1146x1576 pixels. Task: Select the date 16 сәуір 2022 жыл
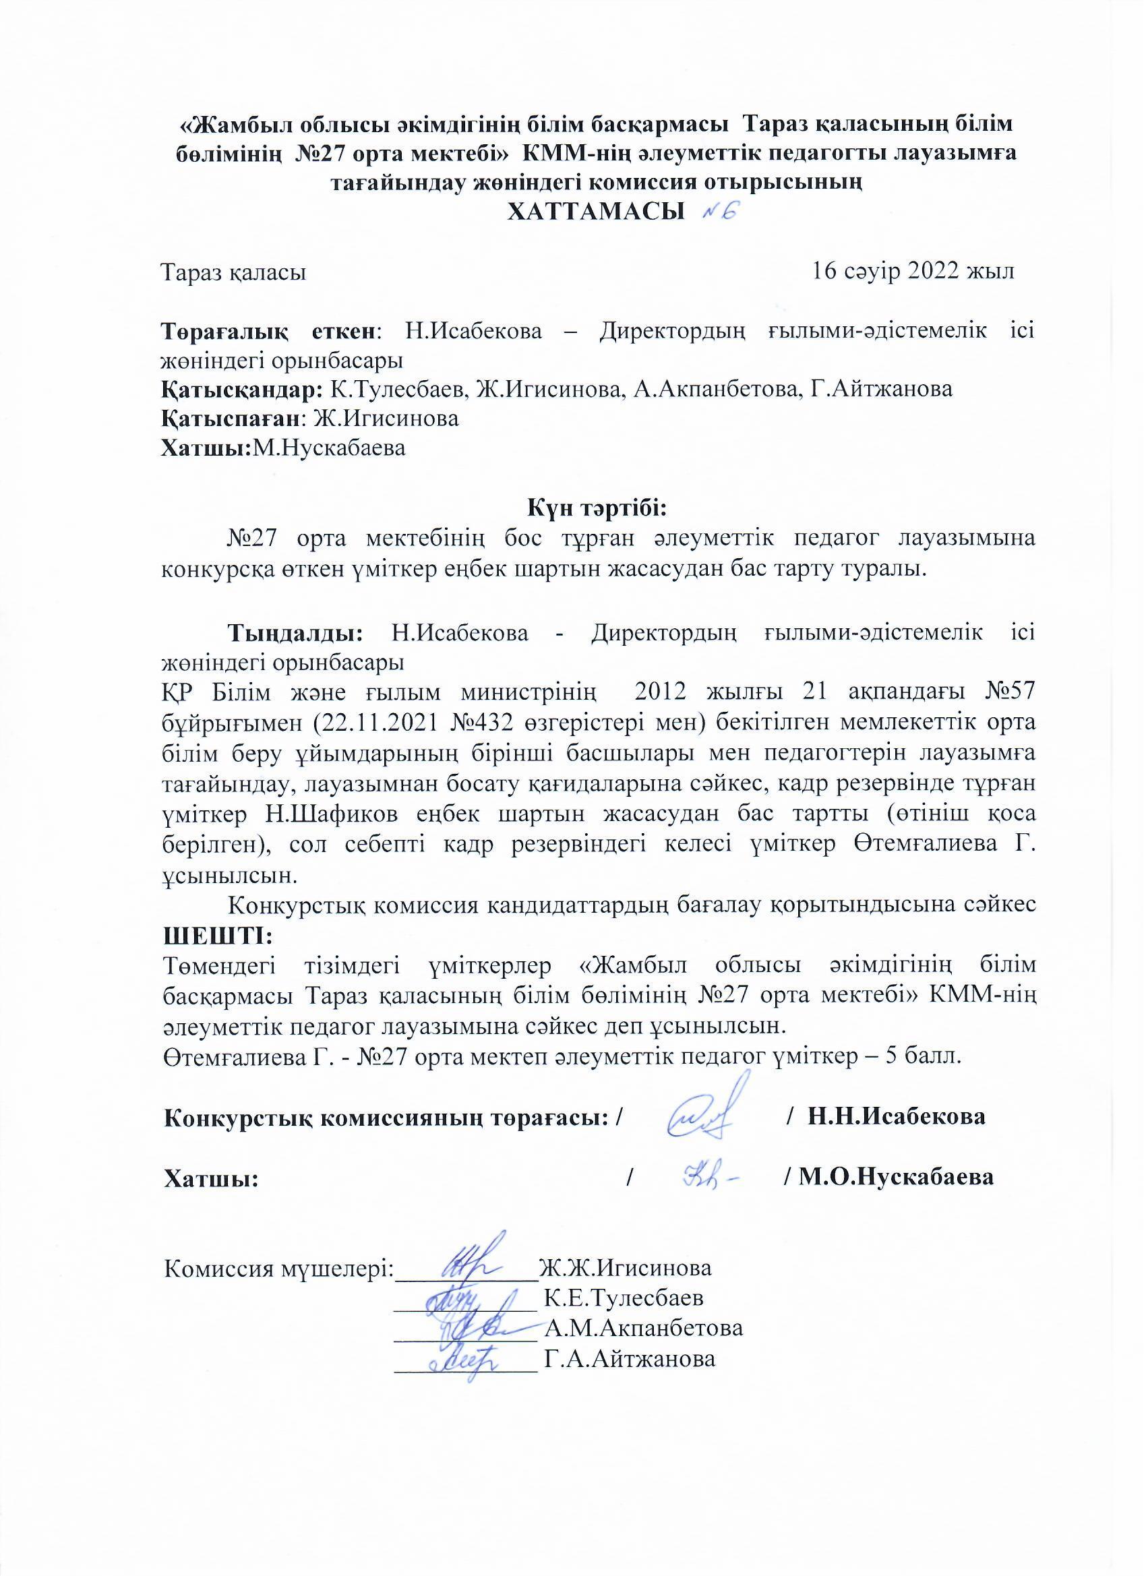[x=913, y=270]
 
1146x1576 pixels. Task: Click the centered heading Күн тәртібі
[x=597, y=509]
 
